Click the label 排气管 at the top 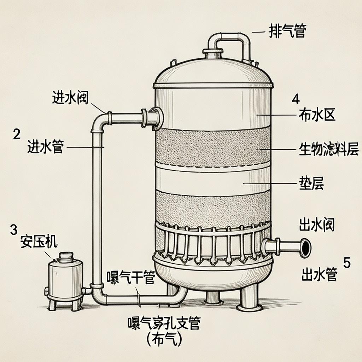point(287,31)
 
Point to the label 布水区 point(317,115)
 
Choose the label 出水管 point(319,274)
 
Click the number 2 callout point(17,134)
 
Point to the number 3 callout point(14,230)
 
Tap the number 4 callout point(296,99)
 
